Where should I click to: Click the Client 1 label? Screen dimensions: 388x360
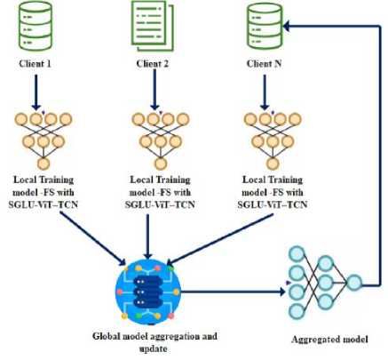(x=35, y=64)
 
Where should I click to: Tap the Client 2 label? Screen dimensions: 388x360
(x=152, y=64)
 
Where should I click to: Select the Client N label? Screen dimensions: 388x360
(x=264, y=64)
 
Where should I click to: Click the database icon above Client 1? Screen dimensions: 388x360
(x=36, y=26)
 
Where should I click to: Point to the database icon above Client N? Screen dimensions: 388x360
(x=265, y=26)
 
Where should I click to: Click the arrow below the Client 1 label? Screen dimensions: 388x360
(x=36, y=92)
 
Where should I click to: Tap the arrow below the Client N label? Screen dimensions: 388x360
(x=265, y=92)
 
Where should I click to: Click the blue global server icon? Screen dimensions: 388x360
(x=148, y=292)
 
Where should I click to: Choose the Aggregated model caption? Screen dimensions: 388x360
(x=330, y=340)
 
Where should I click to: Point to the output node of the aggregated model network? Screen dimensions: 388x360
(x=354, y=283)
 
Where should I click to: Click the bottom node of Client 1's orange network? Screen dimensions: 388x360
(x=44, y=164)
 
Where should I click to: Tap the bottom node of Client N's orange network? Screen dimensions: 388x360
(x=273, y=164)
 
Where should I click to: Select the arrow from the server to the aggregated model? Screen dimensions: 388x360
(x=233, y=292)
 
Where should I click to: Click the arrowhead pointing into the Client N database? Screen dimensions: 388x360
(x=286, y=26)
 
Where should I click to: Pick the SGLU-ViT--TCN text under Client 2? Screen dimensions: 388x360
(x=160, y=204)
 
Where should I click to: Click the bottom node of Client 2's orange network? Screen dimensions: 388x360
(x=161, y=164)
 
